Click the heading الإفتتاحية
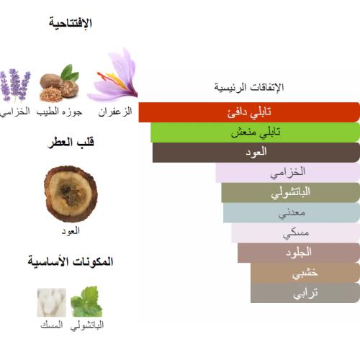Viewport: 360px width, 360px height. point(71,24)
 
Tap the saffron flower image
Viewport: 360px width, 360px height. point(114,75)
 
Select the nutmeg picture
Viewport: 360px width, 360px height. point(60,85)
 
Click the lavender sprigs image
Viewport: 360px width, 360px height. point(15,86)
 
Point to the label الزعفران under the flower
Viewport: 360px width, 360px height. point(114,112)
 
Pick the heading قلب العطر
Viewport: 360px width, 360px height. point(71,143)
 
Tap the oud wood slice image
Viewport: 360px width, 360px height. point(70,192)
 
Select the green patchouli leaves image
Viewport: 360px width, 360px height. point(86,302)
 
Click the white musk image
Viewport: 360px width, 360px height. point(52,302)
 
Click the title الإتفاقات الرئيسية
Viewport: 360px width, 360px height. point(249,87)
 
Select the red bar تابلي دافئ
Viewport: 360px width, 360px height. point(249,112)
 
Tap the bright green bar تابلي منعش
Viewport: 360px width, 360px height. point(255,132)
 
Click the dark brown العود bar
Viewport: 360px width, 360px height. point(256,152)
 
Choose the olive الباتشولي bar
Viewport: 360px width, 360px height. point(290,192)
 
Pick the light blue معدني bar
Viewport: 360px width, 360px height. point(291,212)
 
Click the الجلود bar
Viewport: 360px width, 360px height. point(298,252)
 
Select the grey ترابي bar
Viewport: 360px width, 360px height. point(305,292)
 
